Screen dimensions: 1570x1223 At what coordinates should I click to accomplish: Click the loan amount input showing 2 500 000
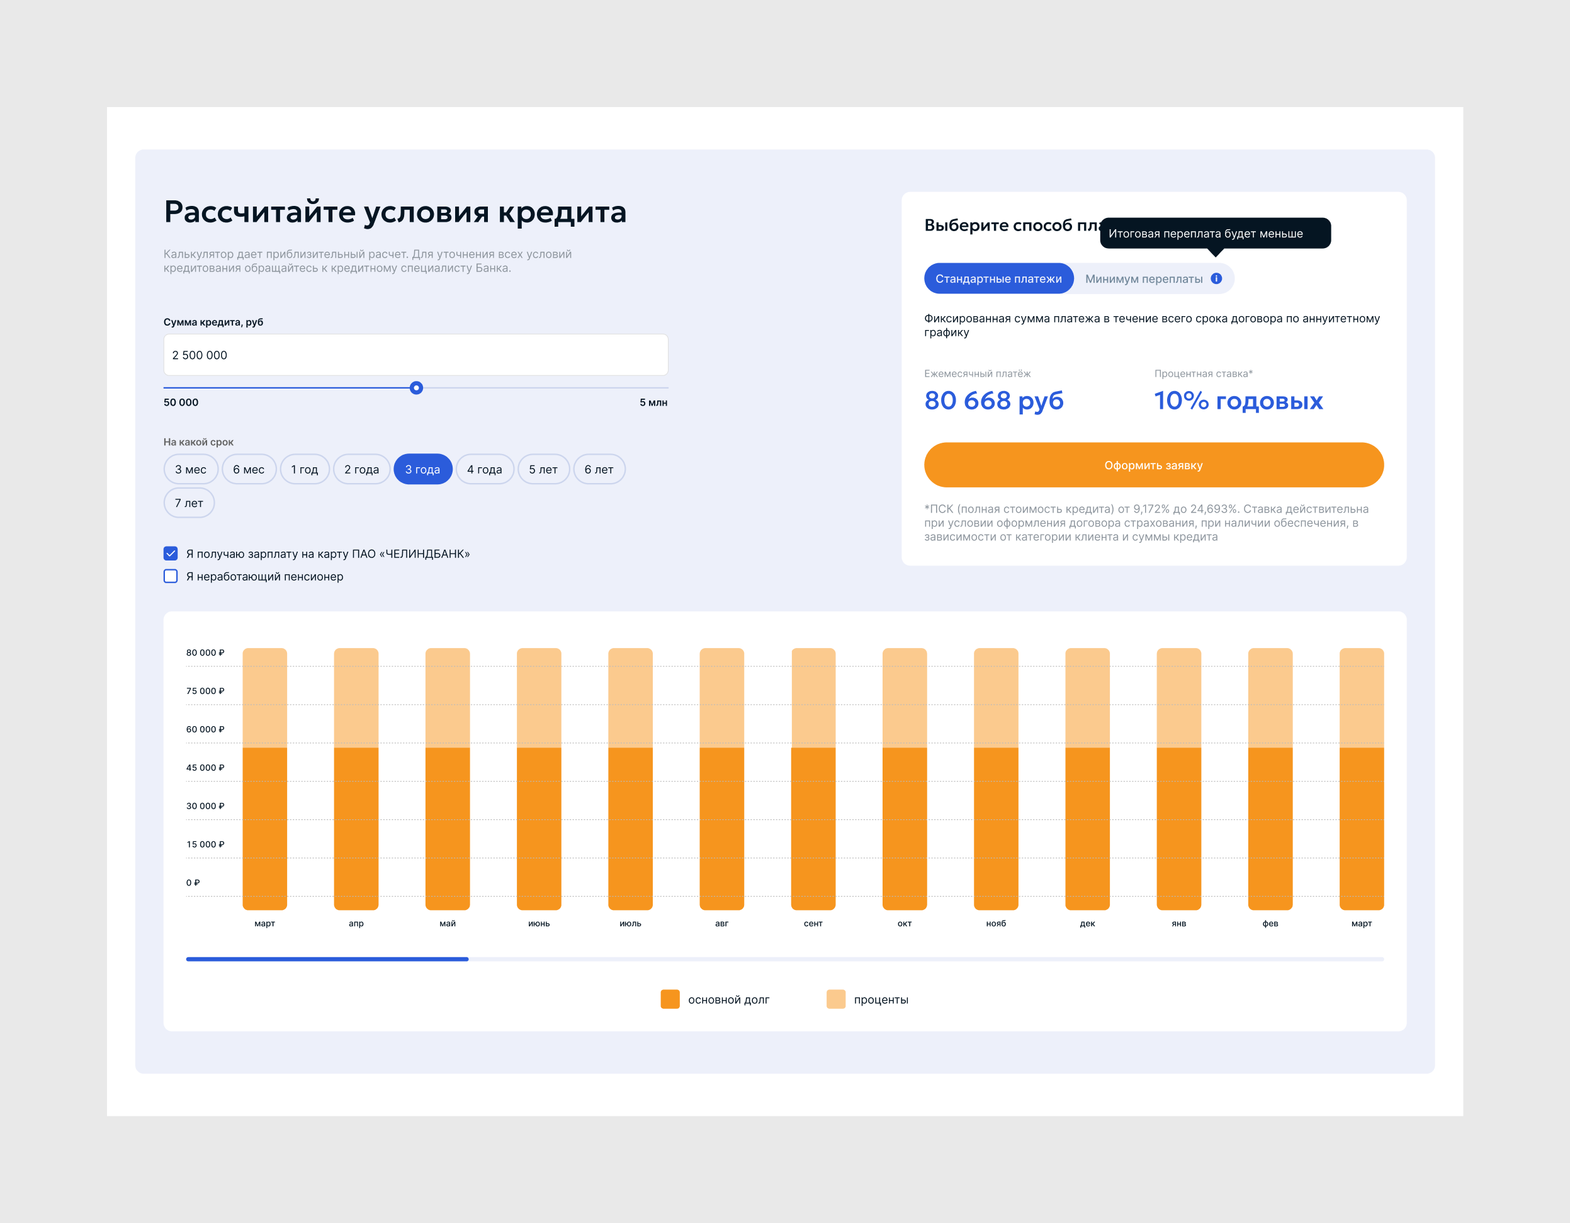pos(415,355)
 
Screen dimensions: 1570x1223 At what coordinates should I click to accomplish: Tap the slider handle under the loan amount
pos(416,389)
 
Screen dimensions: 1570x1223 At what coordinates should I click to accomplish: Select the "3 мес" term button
pos(191,470)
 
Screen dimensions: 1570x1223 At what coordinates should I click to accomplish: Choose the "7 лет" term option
pos(189,503)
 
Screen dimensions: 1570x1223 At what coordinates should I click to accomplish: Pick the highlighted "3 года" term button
pos(422,470)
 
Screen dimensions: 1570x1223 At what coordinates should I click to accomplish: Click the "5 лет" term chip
pos(543,470)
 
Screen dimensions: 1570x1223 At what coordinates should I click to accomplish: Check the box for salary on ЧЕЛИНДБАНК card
pos(171,554)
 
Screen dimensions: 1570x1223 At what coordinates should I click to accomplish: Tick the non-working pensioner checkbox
pos(171,577)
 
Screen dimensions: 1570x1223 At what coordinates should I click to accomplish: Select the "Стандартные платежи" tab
pos(998,279)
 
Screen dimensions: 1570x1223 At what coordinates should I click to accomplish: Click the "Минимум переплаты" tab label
pos(1144,279)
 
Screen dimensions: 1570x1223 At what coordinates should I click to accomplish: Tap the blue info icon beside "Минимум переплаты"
pos(1216,279)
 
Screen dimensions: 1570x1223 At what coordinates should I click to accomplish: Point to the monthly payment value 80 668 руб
pos(993,401)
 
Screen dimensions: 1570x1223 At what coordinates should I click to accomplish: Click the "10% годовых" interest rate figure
pos(1238,401)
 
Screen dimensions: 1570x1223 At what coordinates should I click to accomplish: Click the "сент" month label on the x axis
pos(813,924)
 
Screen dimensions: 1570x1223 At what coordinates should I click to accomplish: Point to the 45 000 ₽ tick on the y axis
pos(205,768)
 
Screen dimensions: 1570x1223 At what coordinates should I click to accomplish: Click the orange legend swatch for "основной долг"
pos(670,999)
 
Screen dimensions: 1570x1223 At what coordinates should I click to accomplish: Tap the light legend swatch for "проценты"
pos(836,999)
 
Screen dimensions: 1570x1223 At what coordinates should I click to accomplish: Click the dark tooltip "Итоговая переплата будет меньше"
pos(1215,234)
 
